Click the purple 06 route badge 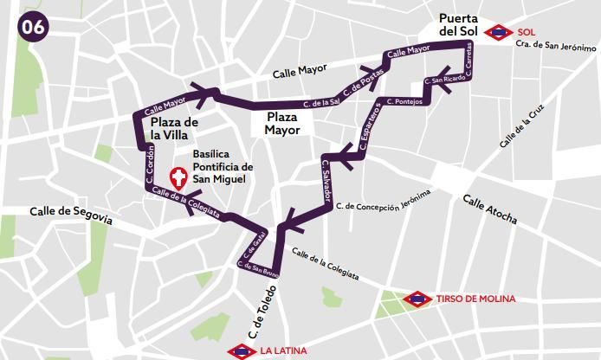pos(33,26)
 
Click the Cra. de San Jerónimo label pos(555,45)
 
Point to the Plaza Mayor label pos(283,123)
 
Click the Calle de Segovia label pos(71,214)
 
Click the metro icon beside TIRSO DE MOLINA pos(417,299)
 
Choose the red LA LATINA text pos(283,351)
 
